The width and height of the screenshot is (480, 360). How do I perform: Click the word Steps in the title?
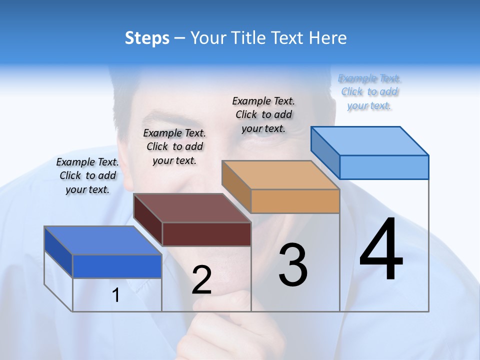tap(147, 38)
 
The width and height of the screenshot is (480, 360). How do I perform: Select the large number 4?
tap(381, 250)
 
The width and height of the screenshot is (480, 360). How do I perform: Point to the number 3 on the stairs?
tap(292, 265)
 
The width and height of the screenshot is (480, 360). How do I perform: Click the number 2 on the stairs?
tap(201, 280)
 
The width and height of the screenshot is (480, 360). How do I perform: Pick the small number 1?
tap(116, 295)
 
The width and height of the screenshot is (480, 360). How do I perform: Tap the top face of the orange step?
tap(281, 175)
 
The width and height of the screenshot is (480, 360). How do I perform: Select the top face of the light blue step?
tap(370, 141)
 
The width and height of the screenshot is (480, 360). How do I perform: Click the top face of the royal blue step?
tap(103, 240)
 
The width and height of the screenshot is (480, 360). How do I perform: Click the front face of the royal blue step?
tap(117, 266)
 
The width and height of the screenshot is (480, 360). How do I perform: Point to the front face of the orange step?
tap(295, 201)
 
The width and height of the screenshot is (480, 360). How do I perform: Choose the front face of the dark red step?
tap(206, 234)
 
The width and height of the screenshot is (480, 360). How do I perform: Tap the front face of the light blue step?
tap(384, 167)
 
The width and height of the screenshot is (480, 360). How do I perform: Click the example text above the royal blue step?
tap(87, 175)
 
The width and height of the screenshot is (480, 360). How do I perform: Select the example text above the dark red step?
tap(174, 146)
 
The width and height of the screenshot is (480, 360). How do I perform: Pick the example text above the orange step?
tap(263, 114)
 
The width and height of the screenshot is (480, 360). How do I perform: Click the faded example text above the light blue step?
tap(369, 91)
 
